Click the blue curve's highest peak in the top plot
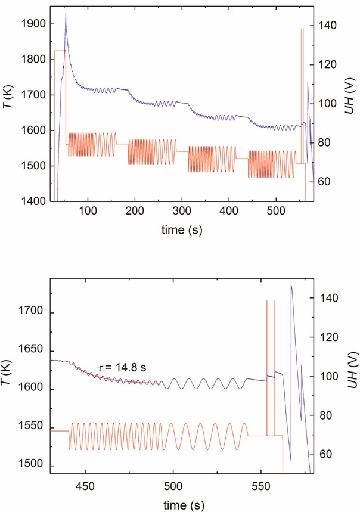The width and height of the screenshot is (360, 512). click(66, 13)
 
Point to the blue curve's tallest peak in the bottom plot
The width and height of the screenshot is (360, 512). click(291, 286)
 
